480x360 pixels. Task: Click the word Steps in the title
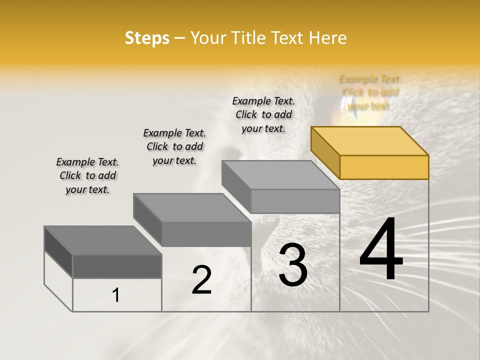click(147, 38)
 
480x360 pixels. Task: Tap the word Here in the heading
click(327, 38)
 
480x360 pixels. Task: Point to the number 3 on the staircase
click(293, 264)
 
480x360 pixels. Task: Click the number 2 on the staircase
click(201, 280)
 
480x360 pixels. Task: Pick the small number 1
click(116, 295)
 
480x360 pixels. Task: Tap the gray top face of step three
click(280, 175)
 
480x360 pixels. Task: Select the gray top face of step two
click(192, 207)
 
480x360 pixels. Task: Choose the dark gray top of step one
click(103, 240)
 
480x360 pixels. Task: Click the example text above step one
click(87, 175)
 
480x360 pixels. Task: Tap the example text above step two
click(174, 146)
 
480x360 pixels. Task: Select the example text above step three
click(263, 114)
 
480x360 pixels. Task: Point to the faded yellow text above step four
click(369, 92)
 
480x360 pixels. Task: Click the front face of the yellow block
click(384, 167)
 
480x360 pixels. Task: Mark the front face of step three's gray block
click(295, 201)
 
